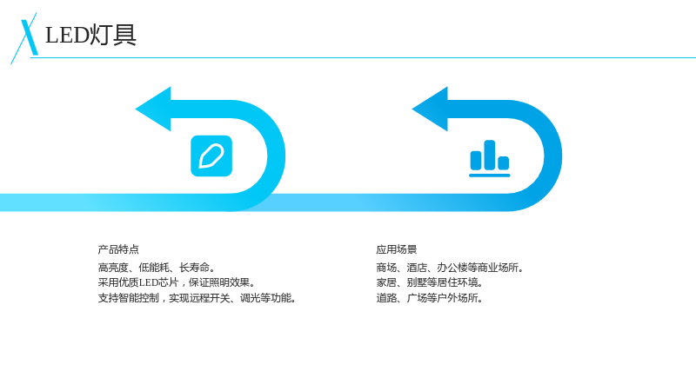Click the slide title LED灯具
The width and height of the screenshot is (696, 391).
click(x=90, y=35)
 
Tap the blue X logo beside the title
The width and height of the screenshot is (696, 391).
click(x=25, y=38)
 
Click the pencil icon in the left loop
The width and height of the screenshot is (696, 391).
click(x=211, y=156)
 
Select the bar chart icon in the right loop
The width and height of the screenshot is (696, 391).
click(x=490, y=158)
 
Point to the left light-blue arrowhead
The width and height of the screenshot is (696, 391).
click(x=154, y=109)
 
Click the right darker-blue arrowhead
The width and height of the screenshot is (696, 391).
click(x=431, y=109)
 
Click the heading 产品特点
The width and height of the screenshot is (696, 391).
click(x=118, y=249)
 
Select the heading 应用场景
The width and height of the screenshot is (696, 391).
click(x=397, y=249)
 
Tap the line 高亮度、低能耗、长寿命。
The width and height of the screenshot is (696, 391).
click(x=157, y=268)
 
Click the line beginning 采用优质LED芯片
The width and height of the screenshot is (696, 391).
click(x=177, y=282)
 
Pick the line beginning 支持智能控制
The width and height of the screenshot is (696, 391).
click(x=197, y=298)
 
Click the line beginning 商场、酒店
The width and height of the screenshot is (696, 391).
click(x=450, y=268)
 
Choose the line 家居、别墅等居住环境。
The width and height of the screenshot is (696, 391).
click(x=430, y=282)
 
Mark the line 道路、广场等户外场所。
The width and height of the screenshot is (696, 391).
click(x=430, y=298)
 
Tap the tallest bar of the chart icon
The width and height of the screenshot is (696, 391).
click(x=490, y=155)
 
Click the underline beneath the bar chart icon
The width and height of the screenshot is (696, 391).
click(x=490, y=176)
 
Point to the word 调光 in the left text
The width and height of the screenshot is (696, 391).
click(x=250, y=298)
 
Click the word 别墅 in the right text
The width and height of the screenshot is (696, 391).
click(x=417, y=282)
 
